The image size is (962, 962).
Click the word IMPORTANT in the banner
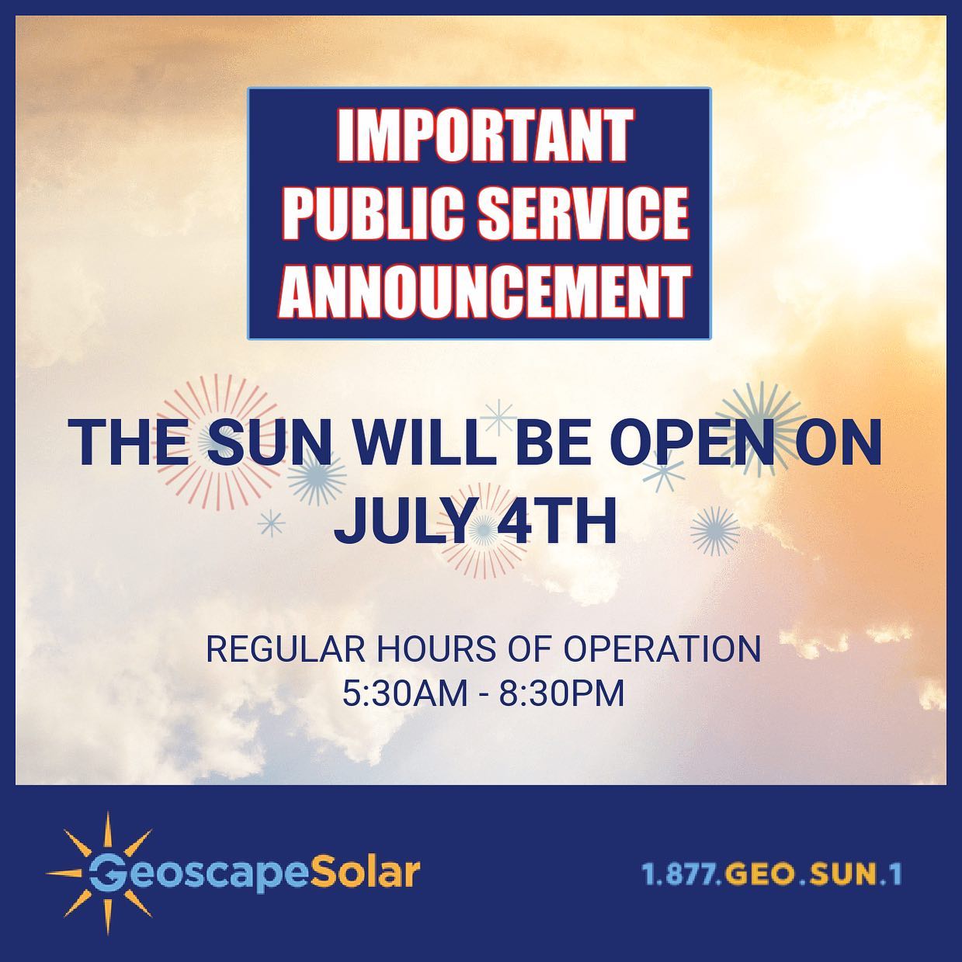tap(482, 136)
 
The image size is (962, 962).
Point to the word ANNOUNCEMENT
tap(483, 291)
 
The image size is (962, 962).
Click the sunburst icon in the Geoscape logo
tap(106, 873)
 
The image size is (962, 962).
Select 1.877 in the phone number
tap(679, 874)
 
